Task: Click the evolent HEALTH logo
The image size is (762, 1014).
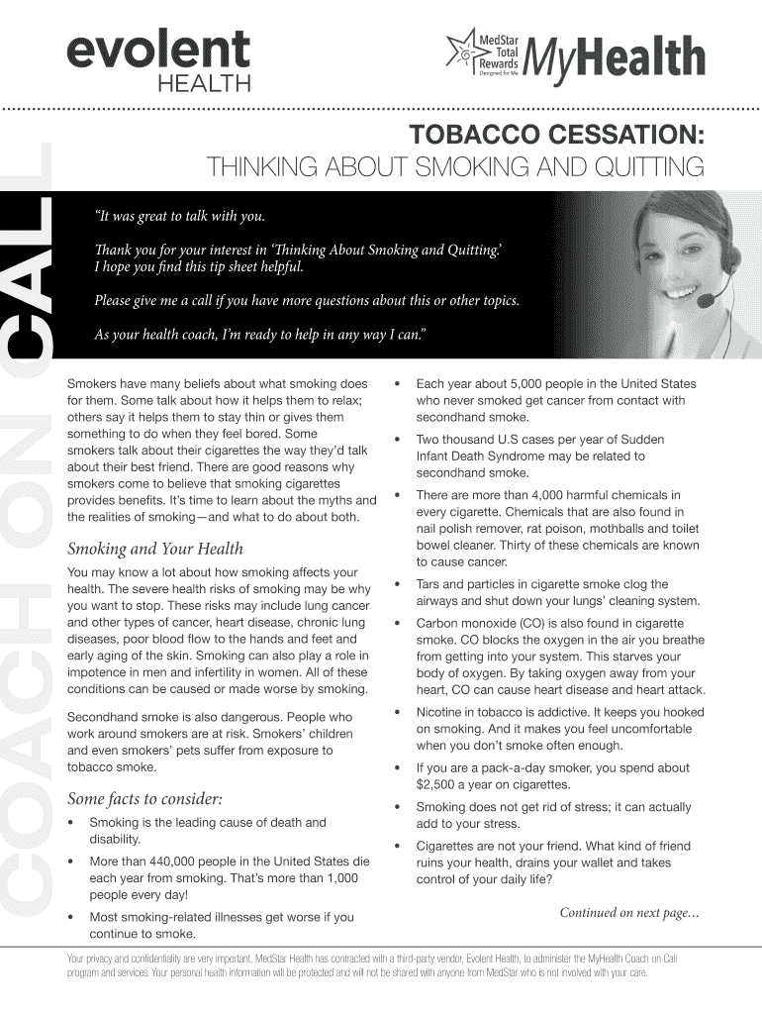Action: pos(157,58)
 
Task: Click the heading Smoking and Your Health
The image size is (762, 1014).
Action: pos(154,549)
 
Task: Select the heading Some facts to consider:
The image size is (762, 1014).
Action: pos(144,798)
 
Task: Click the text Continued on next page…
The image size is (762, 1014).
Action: pos(629,912)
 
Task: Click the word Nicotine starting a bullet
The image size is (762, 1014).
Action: pos(441,711)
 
